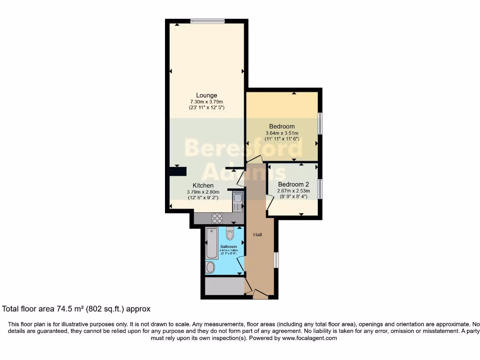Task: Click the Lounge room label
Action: tap(206, 96)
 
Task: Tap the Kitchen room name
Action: tap(203, 186)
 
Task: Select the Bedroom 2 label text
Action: tap(293, 184)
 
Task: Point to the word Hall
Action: tap(258, 234)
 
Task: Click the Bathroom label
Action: tap(229, 247)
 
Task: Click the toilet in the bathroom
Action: tap(230, 233)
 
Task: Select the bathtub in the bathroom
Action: tap(211, 243)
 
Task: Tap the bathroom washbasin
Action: tap(210, 268)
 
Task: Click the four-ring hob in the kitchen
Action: tap(217, 218)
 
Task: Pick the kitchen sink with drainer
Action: tap(238, 202)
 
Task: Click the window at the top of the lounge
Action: tap(207, 21)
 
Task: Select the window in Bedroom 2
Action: tap(320, 188)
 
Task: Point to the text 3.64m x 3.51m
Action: tap(282, 133)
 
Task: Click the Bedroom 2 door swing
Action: tap(270, 202)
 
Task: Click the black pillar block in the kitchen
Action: tap(178, 172)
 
